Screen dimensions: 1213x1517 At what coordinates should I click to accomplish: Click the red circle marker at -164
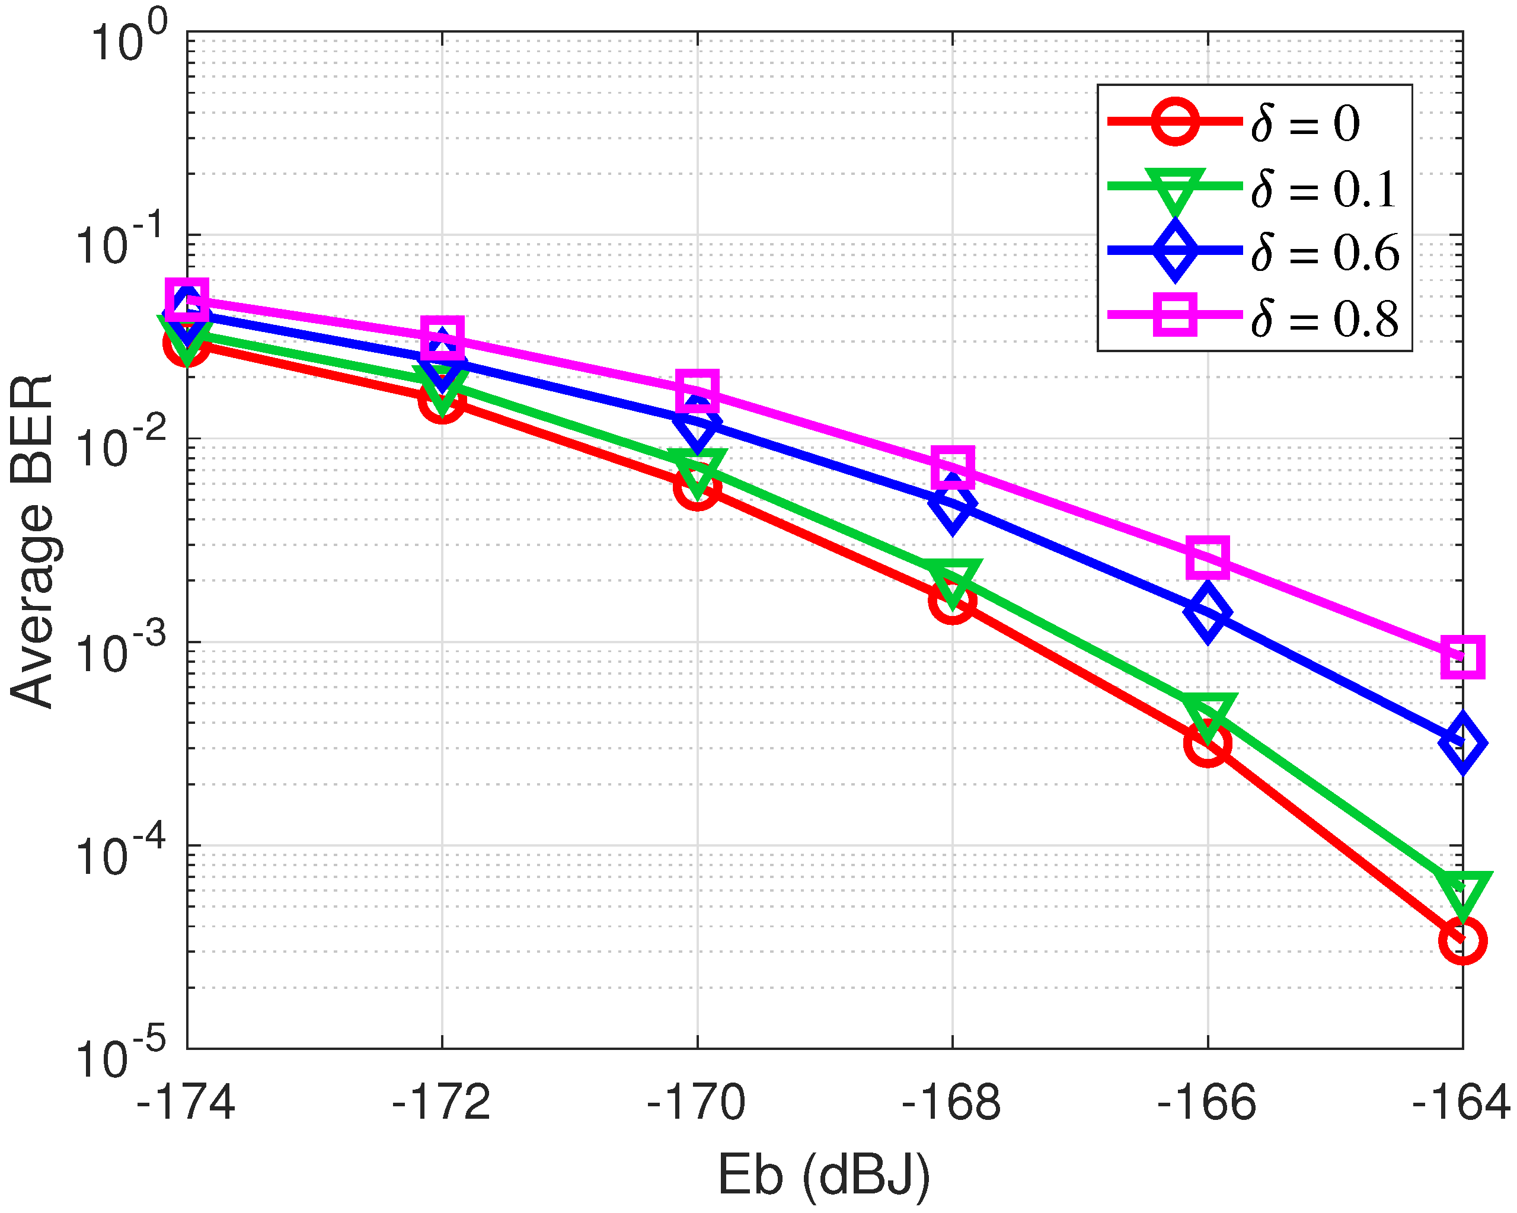click(x=1462, y=941)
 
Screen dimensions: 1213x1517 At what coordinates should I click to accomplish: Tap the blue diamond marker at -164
click(x=1462, y=743)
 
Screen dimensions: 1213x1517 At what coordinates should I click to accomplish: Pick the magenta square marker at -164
click(x=1462, y=657)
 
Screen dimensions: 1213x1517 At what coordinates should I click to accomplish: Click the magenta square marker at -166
click(x=1208, y=557)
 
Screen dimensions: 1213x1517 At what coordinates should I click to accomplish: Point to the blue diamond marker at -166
click(x=1208, y=611)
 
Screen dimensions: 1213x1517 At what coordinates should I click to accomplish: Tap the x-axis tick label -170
click(x=697, y=1103)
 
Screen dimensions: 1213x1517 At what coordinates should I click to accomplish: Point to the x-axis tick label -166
click(x=1207, y=1103)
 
